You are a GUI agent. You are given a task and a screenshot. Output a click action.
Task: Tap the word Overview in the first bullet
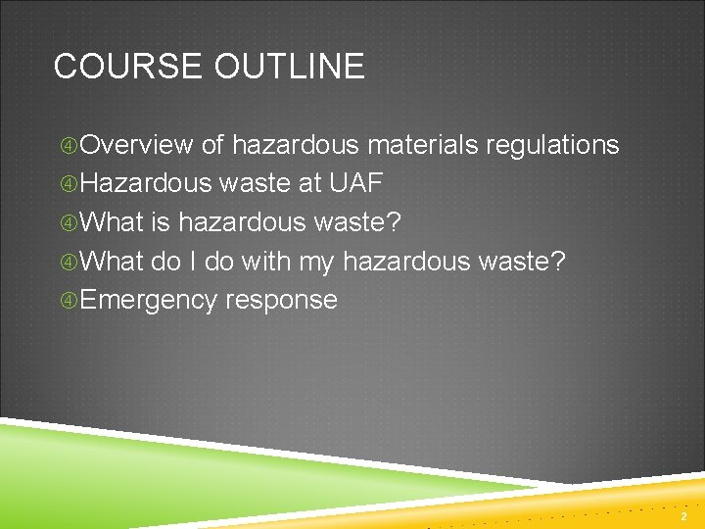(137, 146)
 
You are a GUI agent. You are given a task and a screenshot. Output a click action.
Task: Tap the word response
(281, 301)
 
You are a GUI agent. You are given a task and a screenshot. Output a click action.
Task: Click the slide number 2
(684, 515)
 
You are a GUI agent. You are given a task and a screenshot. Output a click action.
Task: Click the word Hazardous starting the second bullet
(146, 184)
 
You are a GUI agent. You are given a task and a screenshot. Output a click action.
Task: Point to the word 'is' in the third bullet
(162, 223)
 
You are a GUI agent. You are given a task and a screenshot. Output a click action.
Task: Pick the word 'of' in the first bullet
(212, 146)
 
